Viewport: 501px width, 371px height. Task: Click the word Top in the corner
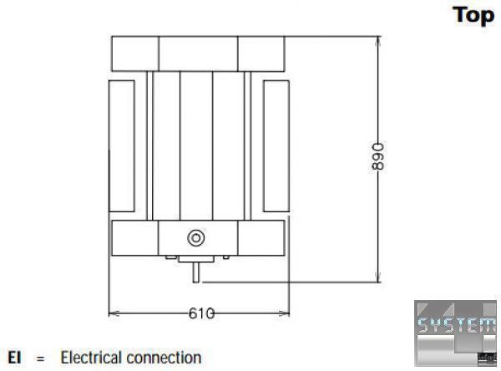pos(473,16)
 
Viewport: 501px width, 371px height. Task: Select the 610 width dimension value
pos(200,313)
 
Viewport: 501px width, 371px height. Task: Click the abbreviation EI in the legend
pos(14,358)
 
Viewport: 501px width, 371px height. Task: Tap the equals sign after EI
pos(39,359)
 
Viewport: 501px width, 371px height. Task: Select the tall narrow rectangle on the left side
pos(122,146)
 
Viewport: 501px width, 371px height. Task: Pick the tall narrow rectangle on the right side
pos(275,146)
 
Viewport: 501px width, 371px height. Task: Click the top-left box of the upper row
pos(134,53)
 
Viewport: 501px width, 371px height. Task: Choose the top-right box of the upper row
pos(262,53)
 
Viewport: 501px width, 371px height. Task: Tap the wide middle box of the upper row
pos(198,53)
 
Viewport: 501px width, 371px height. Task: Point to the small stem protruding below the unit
pos(197,270)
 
